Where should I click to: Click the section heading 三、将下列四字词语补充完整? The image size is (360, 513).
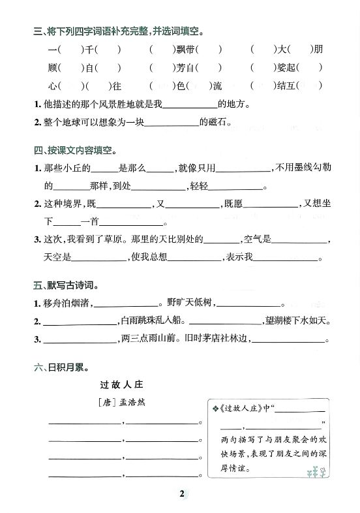117,31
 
